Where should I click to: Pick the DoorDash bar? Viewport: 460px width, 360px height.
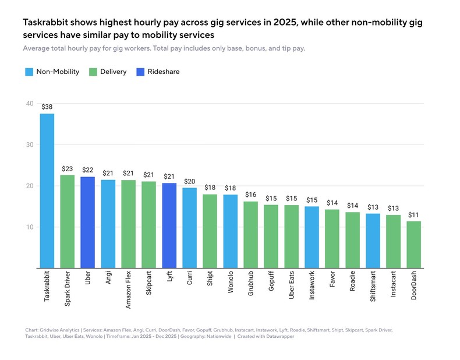(x=414, y=245)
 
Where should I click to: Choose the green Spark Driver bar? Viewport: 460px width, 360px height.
(x=68, y=221)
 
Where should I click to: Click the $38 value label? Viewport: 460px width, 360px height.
(x=47, y=107)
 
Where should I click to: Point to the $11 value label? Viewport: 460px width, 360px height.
(x=414, y=214)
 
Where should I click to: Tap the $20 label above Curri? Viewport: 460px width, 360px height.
(x=190, y=181)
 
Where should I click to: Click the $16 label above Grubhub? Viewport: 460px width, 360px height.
(x=251, y=195)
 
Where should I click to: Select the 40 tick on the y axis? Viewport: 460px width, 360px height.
(x=29, y=104)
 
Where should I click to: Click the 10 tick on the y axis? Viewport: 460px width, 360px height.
(x=29, y=227)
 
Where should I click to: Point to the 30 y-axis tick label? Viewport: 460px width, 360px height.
(x=29, y=145)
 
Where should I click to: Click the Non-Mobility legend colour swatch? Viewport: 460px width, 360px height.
(x=29, y=72)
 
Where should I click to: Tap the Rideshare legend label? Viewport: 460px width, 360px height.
(x=162, y=72)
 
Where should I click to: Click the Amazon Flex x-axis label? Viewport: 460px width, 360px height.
(x=129, y=290)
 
